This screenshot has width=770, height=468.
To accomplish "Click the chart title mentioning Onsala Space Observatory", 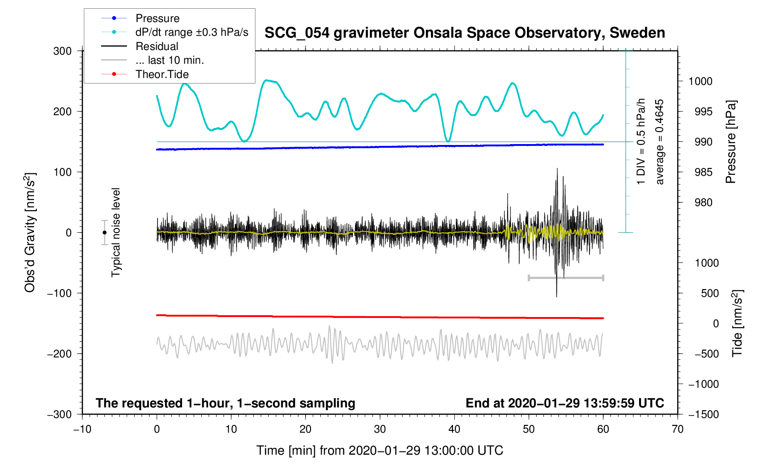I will [x=464, y=33].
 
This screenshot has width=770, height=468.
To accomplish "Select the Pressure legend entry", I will [x=157, y=18].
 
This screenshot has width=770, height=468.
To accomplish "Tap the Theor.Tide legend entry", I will [x=162, y=74].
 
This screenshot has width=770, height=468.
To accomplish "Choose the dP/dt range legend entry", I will [x=192, y=32].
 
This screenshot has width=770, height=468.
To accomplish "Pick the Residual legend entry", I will [x=157, y=46].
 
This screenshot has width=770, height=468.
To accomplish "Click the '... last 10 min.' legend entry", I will [x=170, y=60].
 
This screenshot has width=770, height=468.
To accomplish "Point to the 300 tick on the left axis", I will [x=62, y=51].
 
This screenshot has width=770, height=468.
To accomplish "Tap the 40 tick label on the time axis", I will [x=454, y=429].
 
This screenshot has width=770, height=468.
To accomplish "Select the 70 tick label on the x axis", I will [x=677, y=429].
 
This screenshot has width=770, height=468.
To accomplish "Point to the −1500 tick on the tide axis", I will [x=703, y=414].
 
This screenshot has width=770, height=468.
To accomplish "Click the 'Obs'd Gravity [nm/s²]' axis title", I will [x=30, y=233].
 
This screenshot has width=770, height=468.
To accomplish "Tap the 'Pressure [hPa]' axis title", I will [x=730, y=142].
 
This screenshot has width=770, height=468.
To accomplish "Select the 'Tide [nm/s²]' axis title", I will [x=737, y=323].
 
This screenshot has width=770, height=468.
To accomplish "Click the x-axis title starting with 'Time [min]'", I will [x=379, y=451].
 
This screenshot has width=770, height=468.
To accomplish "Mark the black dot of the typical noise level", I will [x=104, y=233].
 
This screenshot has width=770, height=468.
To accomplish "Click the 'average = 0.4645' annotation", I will [x=660, y=142].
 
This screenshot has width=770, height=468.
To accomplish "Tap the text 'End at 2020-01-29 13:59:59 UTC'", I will [x=565, y=403].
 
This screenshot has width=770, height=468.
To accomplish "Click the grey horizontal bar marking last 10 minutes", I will [x=566, y=278].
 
